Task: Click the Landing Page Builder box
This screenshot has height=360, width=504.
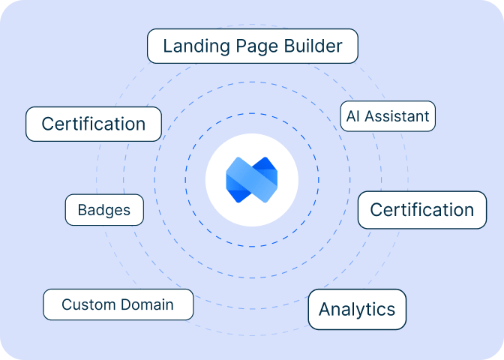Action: tap(252, 46)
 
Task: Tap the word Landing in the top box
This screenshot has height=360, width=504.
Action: tap(191, 47)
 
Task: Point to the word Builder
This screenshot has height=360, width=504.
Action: tap(313, 46)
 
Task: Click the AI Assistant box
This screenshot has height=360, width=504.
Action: tap(387, 116)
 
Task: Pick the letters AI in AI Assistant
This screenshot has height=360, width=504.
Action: tap(352, 116)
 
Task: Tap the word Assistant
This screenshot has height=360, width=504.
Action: tap(397, 116)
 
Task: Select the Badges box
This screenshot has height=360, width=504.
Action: tap(103, 210)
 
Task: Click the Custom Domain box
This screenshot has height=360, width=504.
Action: tap(118, 304)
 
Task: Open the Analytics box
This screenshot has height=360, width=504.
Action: tap(357, 309)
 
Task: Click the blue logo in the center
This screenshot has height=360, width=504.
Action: tap(252, 180)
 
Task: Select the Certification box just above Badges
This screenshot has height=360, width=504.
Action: tap(94, 124)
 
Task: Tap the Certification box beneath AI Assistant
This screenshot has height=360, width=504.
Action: tap(422, 210)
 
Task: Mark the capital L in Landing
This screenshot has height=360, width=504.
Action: tap(166, 46)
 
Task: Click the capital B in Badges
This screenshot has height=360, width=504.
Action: tap(82, 210)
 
